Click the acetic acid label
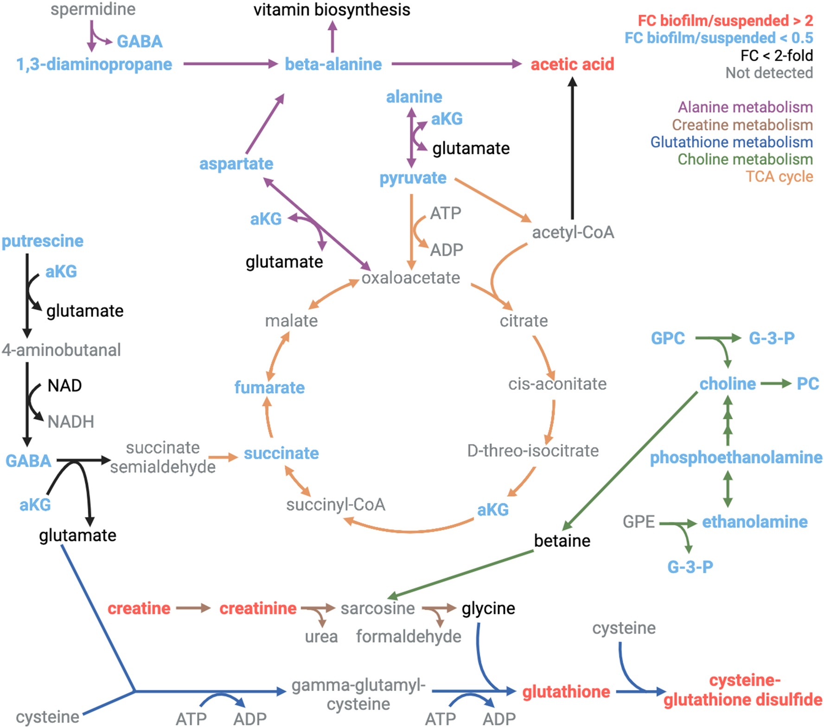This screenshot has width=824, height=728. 572,64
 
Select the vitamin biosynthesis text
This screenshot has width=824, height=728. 332,10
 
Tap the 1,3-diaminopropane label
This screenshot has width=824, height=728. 94,64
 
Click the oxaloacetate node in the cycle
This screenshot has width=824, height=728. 410,278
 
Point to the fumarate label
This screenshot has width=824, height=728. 269,387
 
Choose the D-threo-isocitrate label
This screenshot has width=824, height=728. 533,450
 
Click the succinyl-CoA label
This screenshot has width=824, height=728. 336,504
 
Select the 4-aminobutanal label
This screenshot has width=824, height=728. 61,350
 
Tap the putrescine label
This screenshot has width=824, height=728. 43,241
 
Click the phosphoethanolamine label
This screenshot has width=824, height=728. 736,457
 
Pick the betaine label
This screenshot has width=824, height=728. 562,541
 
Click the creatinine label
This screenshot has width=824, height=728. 258,608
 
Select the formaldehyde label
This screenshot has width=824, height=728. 409,636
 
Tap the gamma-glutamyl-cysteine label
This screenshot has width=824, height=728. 358,694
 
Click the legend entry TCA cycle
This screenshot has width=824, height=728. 779,177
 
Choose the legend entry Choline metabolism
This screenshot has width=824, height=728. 745,159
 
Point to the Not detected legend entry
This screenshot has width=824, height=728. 769,73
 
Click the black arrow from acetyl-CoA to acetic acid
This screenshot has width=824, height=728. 573,148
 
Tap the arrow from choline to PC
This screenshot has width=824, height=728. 776,383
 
